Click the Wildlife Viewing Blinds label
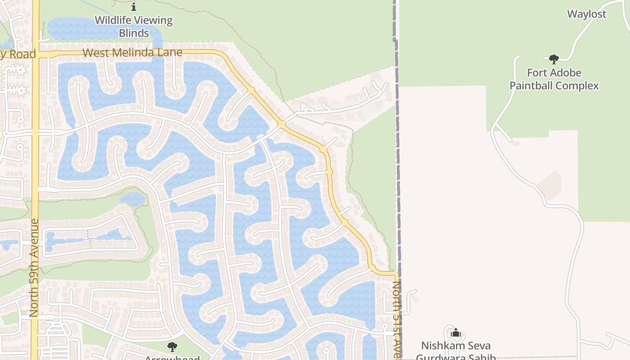(x=134, y=27)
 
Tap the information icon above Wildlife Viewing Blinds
(x=134, y=7)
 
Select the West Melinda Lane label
(x=132, y=53)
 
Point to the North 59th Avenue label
(x=34, y=268)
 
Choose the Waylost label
(x=587, y=14)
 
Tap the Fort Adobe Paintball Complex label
(x=554, y=79)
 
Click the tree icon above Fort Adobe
(x=554, y=59)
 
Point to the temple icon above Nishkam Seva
(x=456, y=333)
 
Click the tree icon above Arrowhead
(x=172, y=346)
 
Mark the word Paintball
(x=531, y=86)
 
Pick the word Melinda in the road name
(x=130, y=53)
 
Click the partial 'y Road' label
(x=18, y=54)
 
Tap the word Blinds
(x=134, y=33)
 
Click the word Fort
(x=536, y=73)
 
